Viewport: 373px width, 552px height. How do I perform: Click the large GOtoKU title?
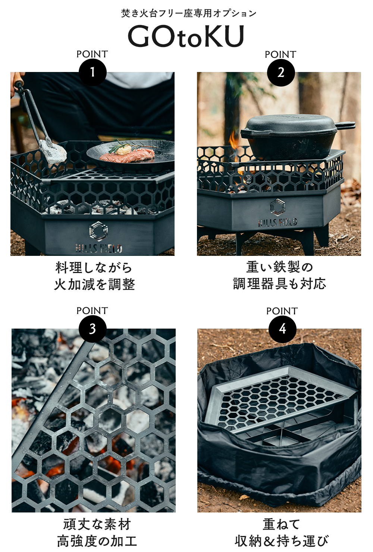[x=186, y=36]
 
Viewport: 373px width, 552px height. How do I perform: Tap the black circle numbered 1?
[x=93, y=72]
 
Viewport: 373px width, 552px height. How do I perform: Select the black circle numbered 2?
[x=281, y=72]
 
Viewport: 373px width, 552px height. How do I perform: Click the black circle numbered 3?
[x=93, y=329]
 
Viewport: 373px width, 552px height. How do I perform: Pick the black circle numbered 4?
[x=282, y=329]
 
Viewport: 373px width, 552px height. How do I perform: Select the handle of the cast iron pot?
[x=345, y=126]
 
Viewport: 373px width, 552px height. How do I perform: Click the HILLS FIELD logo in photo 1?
[x=98, y=239]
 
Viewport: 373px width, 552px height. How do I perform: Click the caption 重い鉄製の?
[x=279, y=267]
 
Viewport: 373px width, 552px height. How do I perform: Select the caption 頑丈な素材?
[x=97, y=524]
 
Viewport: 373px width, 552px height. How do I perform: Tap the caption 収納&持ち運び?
[x=282, y=540]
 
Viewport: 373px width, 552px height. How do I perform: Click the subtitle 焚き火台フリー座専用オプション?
[x=189, y=13]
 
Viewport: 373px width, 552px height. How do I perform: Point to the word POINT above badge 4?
[x=282, y=311]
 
